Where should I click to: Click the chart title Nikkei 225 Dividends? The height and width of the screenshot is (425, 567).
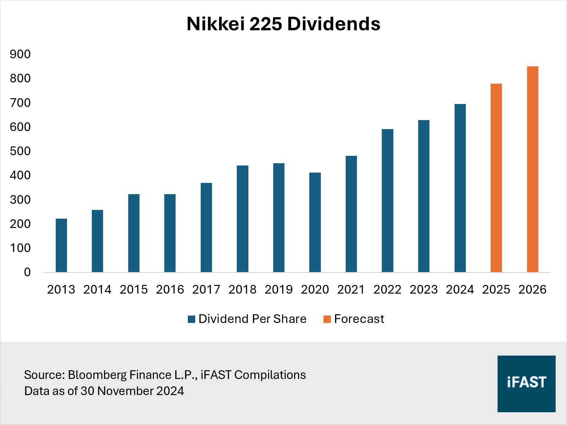tap(283, 24)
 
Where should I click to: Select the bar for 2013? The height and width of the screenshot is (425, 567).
tap(61, 245)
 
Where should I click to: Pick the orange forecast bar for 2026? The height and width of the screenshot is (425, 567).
tap(533, 169)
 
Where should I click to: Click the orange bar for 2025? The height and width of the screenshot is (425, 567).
tap(496, 178)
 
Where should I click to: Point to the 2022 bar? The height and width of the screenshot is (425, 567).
tap(388, 201)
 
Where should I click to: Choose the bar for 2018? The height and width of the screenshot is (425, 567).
tap(243, 219)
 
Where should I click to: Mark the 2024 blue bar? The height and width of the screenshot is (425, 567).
tap(460, 188)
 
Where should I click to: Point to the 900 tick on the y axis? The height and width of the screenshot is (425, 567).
tap(20, 54)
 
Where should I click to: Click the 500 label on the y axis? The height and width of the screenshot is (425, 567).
tap(20, 151)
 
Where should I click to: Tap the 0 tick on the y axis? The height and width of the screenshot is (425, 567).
tap(27, 272)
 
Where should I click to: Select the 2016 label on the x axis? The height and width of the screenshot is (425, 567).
tap(170, 289)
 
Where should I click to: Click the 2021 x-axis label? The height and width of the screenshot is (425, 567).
tap(351, 289)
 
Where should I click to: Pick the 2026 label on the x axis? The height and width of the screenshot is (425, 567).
tap(533, 289)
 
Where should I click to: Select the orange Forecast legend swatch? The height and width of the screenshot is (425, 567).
tap(327, 319)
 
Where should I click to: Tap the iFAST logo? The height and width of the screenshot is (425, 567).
tap(526, 383)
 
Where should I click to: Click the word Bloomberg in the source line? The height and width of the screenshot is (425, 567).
tap(97, 375)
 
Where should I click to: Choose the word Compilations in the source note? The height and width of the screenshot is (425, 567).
tap(270, 375)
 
